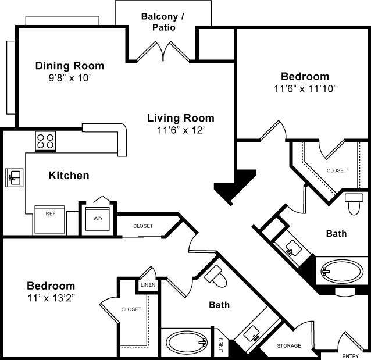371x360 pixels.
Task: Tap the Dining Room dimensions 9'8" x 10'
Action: pyautogui.click(x=69, y=77)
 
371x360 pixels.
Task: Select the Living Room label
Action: pyautogui.click(x=180, y=118)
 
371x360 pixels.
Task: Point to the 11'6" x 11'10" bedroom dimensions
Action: pyautogui.click(x=305, y=88)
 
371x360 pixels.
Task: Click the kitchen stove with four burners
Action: pyautogui.click(x=45, y=141)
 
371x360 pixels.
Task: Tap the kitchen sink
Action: pyautogui.click(x=14, y=177)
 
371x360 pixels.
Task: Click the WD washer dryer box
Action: pyautogui.click(x=97, y=219)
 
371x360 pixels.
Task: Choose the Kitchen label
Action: pyautogui.click(x=69, y=175)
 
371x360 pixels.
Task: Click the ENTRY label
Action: pyautogui.click(x=350, y=356)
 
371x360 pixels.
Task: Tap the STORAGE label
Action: pyautogui.click(x=289, y=346)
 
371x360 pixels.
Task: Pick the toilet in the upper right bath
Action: pyautogui.click(x=354, y=204)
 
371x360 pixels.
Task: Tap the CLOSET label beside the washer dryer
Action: pyautogui.click(x=143, y=226)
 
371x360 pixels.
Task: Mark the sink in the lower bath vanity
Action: pyautogui.click(x=252, y=334)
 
